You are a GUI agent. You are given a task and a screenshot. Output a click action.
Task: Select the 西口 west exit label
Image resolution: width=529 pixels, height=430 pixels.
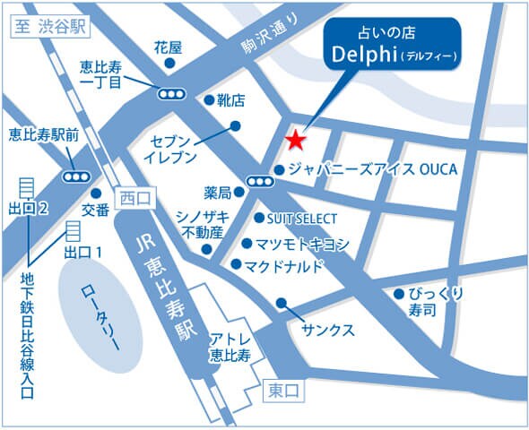135,196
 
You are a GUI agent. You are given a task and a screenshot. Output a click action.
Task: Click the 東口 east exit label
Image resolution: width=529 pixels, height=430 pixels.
286,391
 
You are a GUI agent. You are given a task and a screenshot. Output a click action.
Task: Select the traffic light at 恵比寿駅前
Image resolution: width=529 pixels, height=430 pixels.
76,176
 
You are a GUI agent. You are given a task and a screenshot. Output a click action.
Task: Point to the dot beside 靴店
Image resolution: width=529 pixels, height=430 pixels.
209,100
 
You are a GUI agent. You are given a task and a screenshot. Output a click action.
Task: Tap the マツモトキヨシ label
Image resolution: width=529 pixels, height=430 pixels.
301,244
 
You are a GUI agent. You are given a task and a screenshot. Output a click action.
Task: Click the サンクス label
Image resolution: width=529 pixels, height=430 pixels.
329,328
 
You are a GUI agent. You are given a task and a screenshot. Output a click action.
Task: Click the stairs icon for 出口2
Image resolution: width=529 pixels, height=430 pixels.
26,188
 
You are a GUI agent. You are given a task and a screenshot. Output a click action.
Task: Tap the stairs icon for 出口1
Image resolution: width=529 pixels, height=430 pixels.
70,232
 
